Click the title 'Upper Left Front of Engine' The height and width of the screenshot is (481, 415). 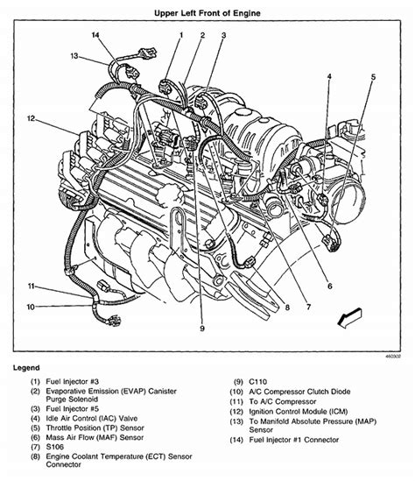coord(207,13)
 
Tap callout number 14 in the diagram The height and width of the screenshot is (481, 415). coord(95,34)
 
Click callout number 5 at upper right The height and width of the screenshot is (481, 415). coord(371,77)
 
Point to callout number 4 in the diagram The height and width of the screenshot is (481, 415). coord(329,77)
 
